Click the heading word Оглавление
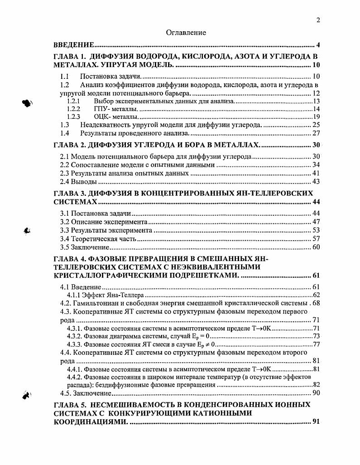(186, 33)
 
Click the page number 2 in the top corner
(318, 20)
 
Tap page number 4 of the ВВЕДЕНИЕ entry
(318, 45)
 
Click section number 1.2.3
(73, 117)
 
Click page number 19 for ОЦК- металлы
(317, 117)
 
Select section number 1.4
(65, 133)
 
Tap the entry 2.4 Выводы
(79, 182)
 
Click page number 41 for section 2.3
(316, 173)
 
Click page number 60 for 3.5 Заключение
(316, 247)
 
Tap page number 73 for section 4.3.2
(317, 336)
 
